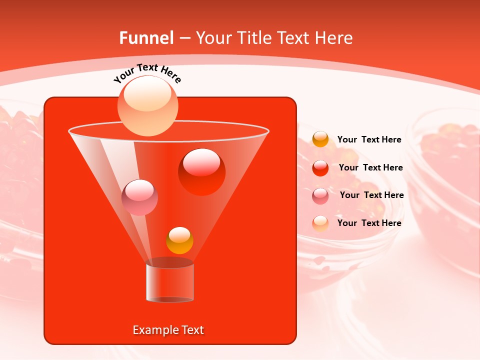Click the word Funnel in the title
[x=146, y=38]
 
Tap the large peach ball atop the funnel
[x=147, y=106]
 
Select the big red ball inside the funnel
[x=201, y=172]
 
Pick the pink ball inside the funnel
[x=139, y=197]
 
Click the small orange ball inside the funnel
[x=179, y=240]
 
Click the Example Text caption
[x=168, y=330]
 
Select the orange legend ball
[x=320, y=139]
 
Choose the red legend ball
[x=320, y=168]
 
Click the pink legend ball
[x=320, y=195]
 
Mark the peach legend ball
[x=320, y=223]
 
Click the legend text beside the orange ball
[x=369, y=140]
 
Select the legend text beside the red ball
[x=370, y=168]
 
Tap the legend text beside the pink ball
[x=371, y=195]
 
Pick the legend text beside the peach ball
[x=369, y=223]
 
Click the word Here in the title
[x=334, y=38]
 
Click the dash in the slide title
[x=184, y=38]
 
